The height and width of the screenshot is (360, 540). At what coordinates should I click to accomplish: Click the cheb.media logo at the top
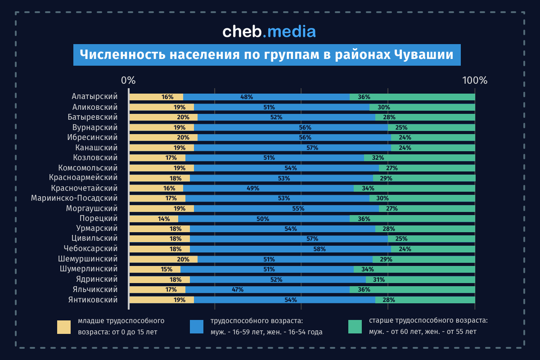269,31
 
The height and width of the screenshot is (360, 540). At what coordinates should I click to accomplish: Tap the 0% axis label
128,81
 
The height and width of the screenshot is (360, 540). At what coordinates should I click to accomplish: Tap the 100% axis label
475,81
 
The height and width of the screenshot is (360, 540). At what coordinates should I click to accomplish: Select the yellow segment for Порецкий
153,219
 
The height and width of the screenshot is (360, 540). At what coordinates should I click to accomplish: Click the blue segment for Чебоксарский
290,249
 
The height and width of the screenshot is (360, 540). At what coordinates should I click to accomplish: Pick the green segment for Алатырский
412,97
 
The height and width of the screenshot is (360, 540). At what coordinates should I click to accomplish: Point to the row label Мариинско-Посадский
74,198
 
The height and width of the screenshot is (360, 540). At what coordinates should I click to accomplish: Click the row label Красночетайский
84,188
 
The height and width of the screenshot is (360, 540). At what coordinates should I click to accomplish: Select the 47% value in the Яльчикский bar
238,290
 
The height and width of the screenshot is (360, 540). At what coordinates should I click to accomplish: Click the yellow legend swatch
64,327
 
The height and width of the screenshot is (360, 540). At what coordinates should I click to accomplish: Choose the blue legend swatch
197,327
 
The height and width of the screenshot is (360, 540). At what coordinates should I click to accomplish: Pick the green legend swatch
355,327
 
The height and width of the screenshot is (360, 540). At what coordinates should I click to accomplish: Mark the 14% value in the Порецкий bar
164,219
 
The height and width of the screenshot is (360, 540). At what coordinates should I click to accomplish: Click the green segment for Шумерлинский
414,270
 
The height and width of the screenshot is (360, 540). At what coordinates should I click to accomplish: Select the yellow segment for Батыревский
163,117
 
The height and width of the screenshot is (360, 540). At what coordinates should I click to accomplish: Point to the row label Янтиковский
93,300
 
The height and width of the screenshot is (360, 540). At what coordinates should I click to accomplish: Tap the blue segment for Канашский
292,148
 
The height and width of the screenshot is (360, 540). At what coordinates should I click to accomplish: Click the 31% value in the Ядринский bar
378,279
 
